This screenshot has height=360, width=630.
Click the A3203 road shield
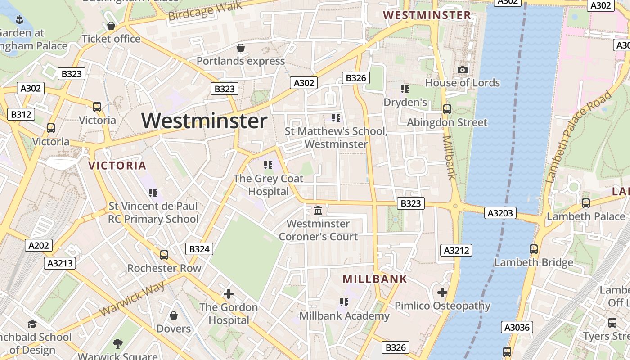(x=500, y=213)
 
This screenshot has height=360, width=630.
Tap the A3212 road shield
(x=457, y=251)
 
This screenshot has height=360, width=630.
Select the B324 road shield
(x=199, y=249)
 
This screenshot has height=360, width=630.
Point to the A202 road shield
(x=39, y=245)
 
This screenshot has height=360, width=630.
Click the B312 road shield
(x=21, y=114)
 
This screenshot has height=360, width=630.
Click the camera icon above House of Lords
(x=462, y=70)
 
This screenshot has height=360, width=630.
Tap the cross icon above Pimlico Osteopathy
(x=442, y=292)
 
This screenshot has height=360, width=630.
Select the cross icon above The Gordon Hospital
(x=229, y=294)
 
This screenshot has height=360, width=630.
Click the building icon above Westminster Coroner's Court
(x=318, y=210)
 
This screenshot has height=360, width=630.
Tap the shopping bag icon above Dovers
(x=174, y=315)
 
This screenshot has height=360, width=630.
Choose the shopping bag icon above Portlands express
(x=241, y=48)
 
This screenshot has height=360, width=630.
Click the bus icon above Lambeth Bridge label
(x=534, y=249)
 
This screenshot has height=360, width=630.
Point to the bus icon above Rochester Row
(x=164, y=255)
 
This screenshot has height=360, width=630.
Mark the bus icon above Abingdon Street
(x=447, y=109)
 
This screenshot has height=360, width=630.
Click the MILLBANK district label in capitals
(x=375, y=279)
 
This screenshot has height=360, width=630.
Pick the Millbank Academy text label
(x=344, y=316)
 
